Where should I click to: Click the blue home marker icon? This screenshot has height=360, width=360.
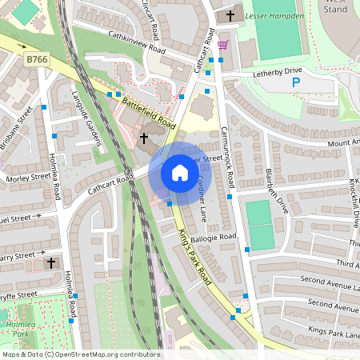[x=179, y=172]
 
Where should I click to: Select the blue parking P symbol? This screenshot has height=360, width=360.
[x=296, y=83]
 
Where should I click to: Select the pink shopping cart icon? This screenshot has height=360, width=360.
[x=222, y=45]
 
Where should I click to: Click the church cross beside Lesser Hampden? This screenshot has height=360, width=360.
[x=231, y=15]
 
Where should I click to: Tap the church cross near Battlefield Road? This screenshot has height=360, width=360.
[x=144, y=138]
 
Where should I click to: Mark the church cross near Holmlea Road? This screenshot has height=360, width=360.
[x=52, y=262]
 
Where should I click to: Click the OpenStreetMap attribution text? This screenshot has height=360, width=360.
[x=80, y=354]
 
